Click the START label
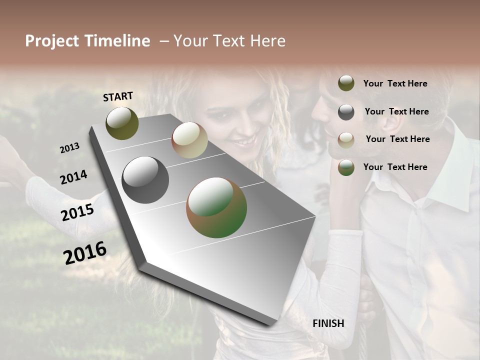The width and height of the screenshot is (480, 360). pos(118,96)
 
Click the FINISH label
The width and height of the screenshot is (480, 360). pos(328,323)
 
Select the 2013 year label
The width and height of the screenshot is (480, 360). pos(69,147)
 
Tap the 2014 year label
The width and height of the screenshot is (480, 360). pos(73,177)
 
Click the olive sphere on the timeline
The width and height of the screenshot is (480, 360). pos(122,123)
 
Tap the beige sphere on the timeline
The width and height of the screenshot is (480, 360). pos(189,140)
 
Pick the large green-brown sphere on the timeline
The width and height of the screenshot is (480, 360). pos(216,207)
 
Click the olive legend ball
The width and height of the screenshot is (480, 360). pos(346,83)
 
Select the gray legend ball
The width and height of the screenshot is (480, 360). pos(346,112)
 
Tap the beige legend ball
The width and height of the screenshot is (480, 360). pos(346,139)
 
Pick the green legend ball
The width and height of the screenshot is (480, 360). pos(346,167)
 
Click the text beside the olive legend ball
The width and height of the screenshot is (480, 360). pos(395,83)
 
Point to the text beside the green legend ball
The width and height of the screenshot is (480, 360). pos(395,167)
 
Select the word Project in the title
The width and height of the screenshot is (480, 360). pos(52,41)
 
